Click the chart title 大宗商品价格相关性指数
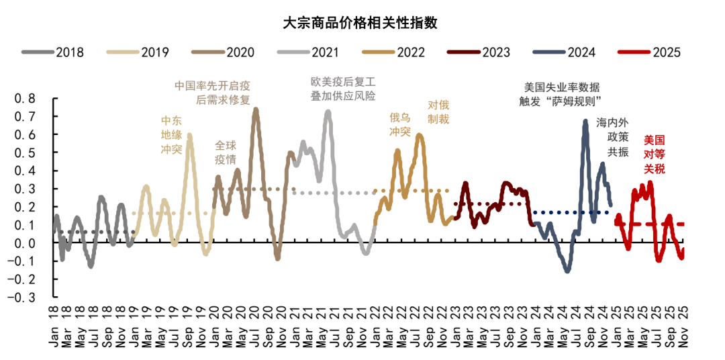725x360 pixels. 360,22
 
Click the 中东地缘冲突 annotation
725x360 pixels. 171,134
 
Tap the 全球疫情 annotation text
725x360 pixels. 226,152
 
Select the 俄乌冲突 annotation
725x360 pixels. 400,124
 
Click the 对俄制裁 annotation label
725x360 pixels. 438,111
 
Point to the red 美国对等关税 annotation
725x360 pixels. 654,154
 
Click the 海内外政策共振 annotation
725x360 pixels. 612,137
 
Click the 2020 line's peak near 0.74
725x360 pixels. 255,109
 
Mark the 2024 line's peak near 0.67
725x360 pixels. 585,122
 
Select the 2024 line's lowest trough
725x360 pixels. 567,271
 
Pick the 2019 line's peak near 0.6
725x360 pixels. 189,135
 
